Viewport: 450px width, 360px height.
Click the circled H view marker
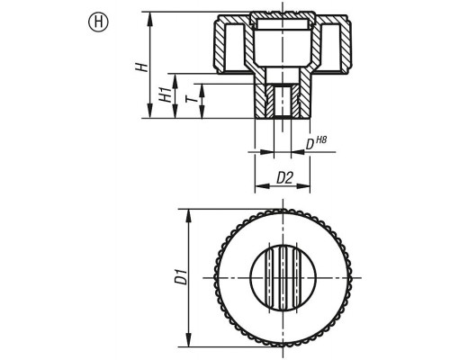(x=98, y=22)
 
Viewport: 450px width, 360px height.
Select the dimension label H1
(x=165, y=94)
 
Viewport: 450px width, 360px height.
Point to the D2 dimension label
(x=284, y=178)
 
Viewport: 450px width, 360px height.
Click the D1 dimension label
(x=181, y=277)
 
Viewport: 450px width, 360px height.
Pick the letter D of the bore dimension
(x=310, y=145)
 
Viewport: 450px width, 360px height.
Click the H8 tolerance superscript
(x=321, y=139)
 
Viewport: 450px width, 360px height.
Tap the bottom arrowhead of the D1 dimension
(x=189, y=340)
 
